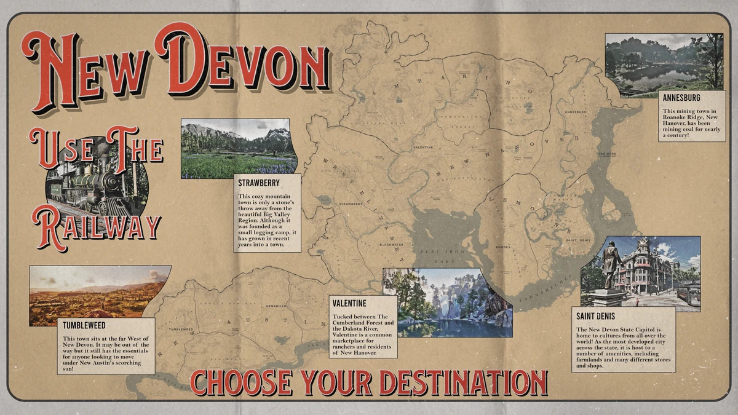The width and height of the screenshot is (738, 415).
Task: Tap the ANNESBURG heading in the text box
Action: tap(681, 97)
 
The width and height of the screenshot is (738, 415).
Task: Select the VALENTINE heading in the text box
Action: tap(349, 303)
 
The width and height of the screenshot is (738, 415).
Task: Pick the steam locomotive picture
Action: tap(97, 178)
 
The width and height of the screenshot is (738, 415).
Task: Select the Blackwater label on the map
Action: tap(390, 244)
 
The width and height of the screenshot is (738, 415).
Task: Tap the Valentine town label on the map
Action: tap(423, 148)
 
